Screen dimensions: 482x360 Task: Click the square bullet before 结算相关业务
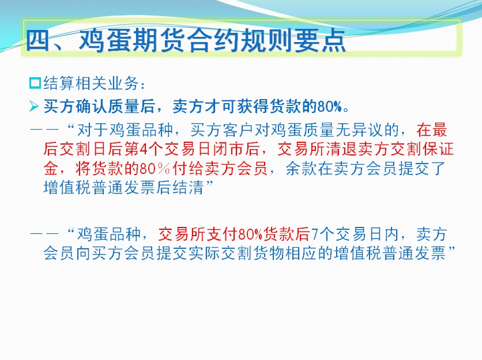(x=35, y=84)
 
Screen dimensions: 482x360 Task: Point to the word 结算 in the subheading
(x=59, y=84)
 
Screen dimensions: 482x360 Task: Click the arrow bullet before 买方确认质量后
(x=34, y=107)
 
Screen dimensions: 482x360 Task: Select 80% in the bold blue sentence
(x=330, y=107)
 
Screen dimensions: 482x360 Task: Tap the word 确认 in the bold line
(x=91, y=107)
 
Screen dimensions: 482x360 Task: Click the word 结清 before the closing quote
(x=189, y=187)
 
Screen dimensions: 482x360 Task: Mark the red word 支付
(x=222, y=234)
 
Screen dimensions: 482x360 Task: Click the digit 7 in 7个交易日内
(x=314, y=234)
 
